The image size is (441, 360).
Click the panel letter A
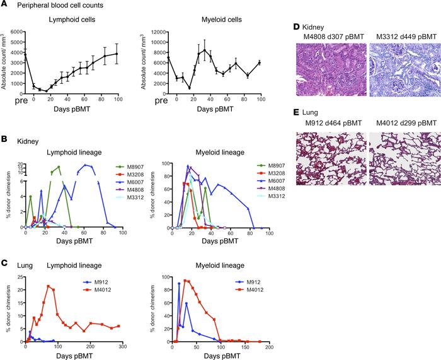[4, 6]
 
